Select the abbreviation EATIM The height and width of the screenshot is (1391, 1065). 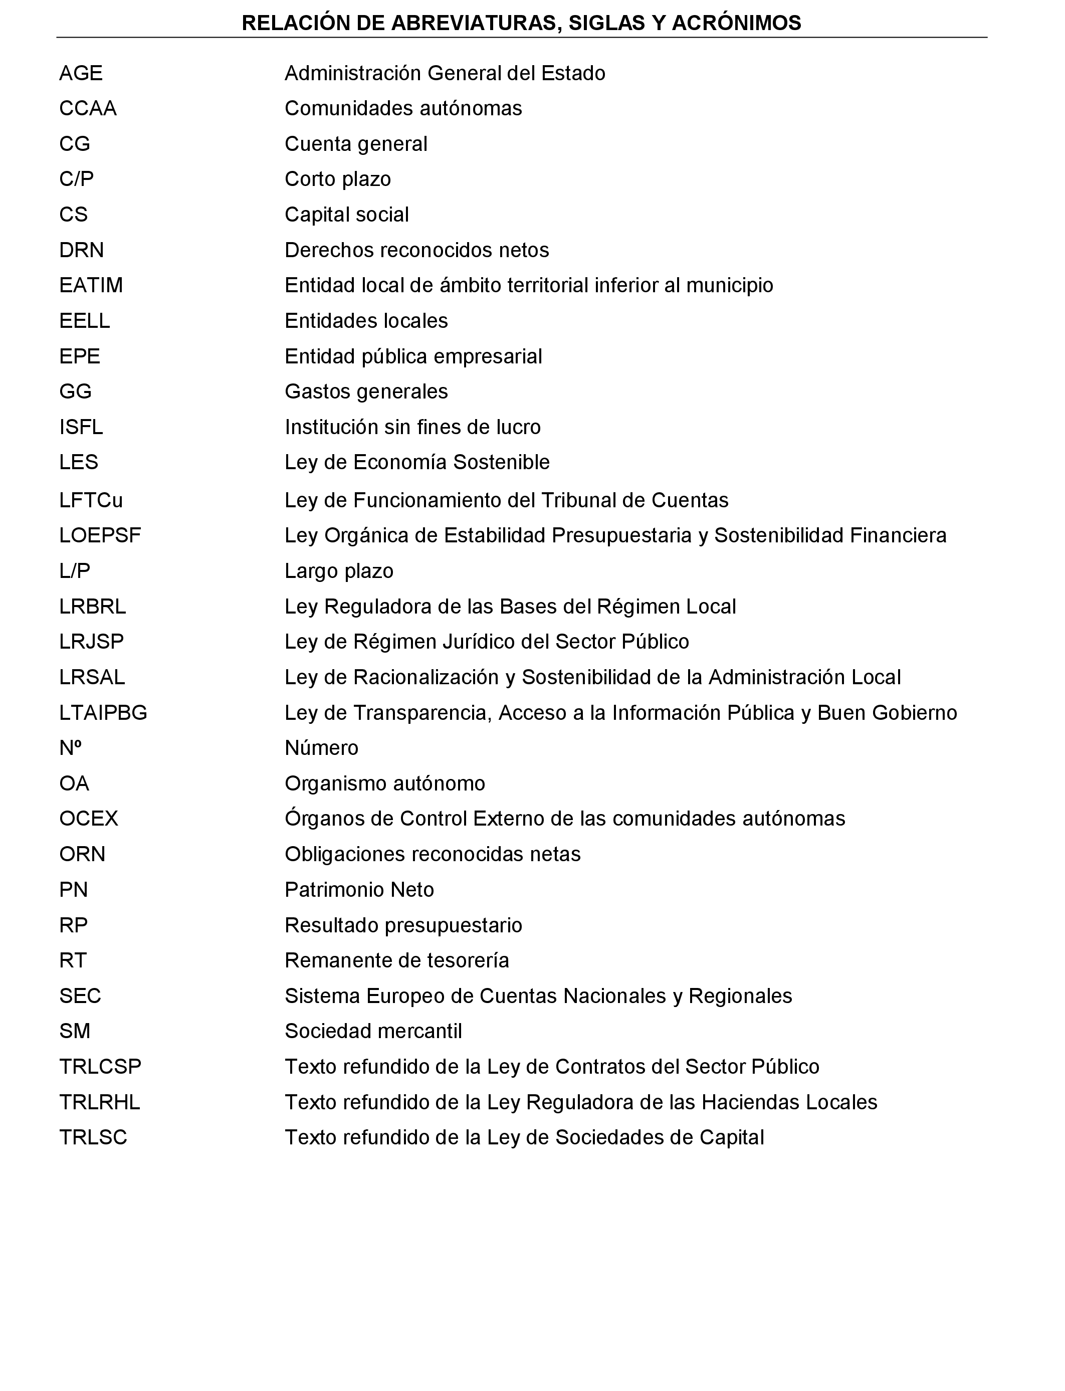pyautogui.click(x=91, y=285)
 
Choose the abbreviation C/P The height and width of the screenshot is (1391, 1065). pyautogui.click(x=76, y=179)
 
